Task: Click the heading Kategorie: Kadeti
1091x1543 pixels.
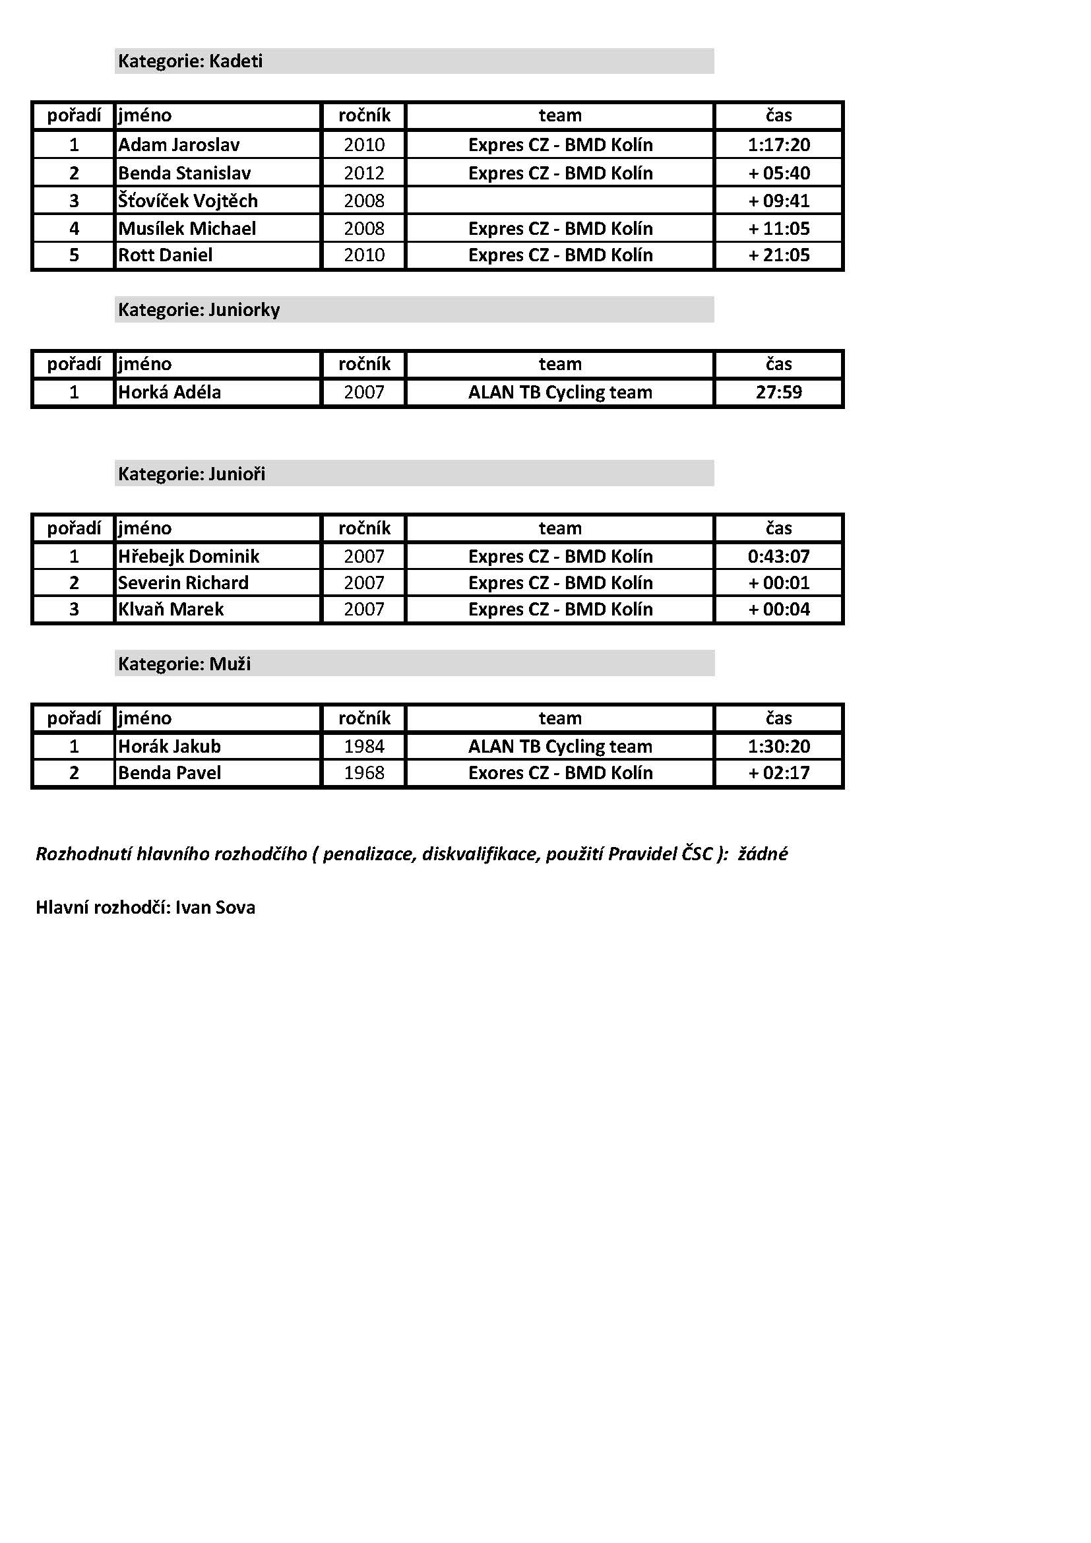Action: [x=190, y=61]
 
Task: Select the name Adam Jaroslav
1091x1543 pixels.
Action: [x=179, y=144]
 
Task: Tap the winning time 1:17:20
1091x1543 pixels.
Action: [x=778, y=144]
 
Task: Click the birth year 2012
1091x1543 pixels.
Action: [x=364, y=173]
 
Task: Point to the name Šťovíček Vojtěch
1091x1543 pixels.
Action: [x=188, y=201]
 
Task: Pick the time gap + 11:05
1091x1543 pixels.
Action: [x=778, y=228]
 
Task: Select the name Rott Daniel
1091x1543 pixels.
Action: [x=166, y=255]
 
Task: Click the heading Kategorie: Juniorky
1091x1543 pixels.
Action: [x=199, y=310]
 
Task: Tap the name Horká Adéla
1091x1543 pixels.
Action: [x=170, y=392]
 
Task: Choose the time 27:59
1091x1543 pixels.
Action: [x=778, y=392]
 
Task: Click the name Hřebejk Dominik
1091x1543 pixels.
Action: [x=189, y=555]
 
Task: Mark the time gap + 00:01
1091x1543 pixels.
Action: [x=778, y=583]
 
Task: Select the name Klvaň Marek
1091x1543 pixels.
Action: [x=171, y=609]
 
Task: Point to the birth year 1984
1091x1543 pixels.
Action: [x=364, y=746]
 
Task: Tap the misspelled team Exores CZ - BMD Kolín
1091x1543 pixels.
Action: [x=560, y=773]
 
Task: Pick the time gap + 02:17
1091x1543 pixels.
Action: [x=778, y=773]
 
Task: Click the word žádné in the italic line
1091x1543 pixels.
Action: [x=763, y=854]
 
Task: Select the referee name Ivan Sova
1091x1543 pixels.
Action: [x=215, y=907]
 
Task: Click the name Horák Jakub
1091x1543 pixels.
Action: [x=170, y=746]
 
